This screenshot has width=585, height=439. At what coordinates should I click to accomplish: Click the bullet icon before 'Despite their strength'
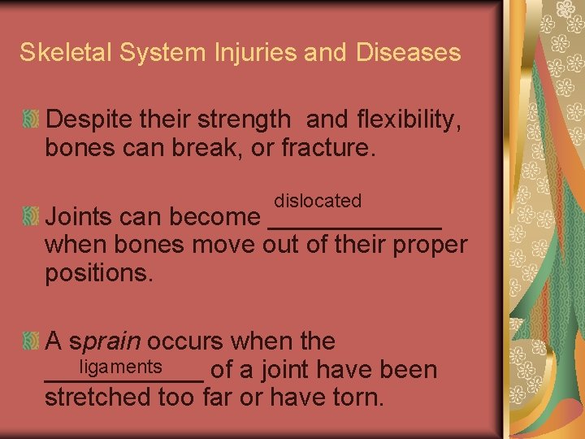(x=31, y=120)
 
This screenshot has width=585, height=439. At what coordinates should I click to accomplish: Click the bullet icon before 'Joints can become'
(x=31, y=217)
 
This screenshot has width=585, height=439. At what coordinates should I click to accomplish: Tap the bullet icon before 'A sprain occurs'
(x=31, y=341)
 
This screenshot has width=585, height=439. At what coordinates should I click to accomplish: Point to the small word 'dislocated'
(x=318, y=200)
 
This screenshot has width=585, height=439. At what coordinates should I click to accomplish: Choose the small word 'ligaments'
(x=121, y=367)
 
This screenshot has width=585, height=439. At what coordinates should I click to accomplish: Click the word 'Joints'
(x=80, y=217)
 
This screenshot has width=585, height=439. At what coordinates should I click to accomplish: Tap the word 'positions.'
(x=99, y=273)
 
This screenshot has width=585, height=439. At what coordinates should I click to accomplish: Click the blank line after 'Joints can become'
(x=354, y=224)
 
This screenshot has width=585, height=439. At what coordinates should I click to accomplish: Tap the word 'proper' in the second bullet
(x=431, y=246)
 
